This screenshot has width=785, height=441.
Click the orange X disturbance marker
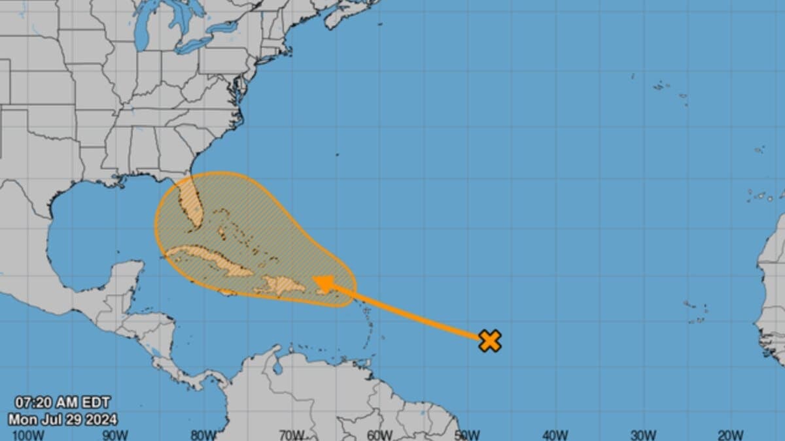click(489, 340)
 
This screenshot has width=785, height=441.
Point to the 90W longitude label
click(114, 434)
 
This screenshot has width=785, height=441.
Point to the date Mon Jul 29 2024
click(63, 418)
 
